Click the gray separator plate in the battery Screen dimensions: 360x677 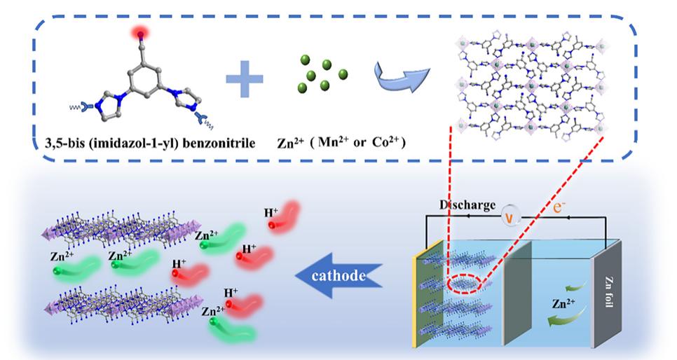517,294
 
